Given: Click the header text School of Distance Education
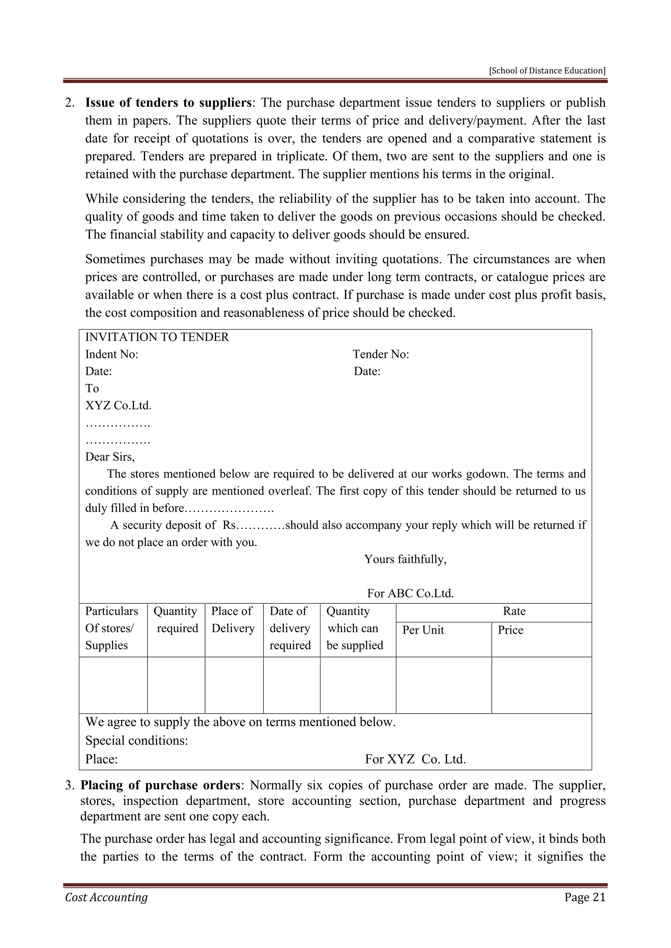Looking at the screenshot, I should click(547, 71).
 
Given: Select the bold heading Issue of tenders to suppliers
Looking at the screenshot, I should click(168, 102).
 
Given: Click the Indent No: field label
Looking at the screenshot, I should click(111, 354).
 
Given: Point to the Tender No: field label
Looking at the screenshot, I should click(380, 354).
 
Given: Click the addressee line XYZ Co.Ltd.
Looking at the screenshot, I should click(118, 406).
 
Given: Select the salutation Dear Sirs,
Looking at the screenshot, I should click(110, 457).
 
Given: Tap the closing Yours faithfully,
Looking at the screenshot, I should click(405, 559).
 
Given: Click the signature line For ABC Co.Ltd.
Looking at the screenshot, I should click(410, 593).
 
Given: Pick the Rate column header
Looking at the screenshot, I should click(514, 611).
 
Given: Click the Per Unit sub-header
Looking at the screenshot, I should click(423, 630).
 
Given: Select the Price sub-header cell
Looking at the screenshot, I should click(510, 630).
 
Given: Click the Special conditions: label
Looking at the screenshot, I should click(136, 740).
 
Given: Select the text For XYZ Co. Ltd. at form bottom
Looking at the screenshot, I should click(415, 759).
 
